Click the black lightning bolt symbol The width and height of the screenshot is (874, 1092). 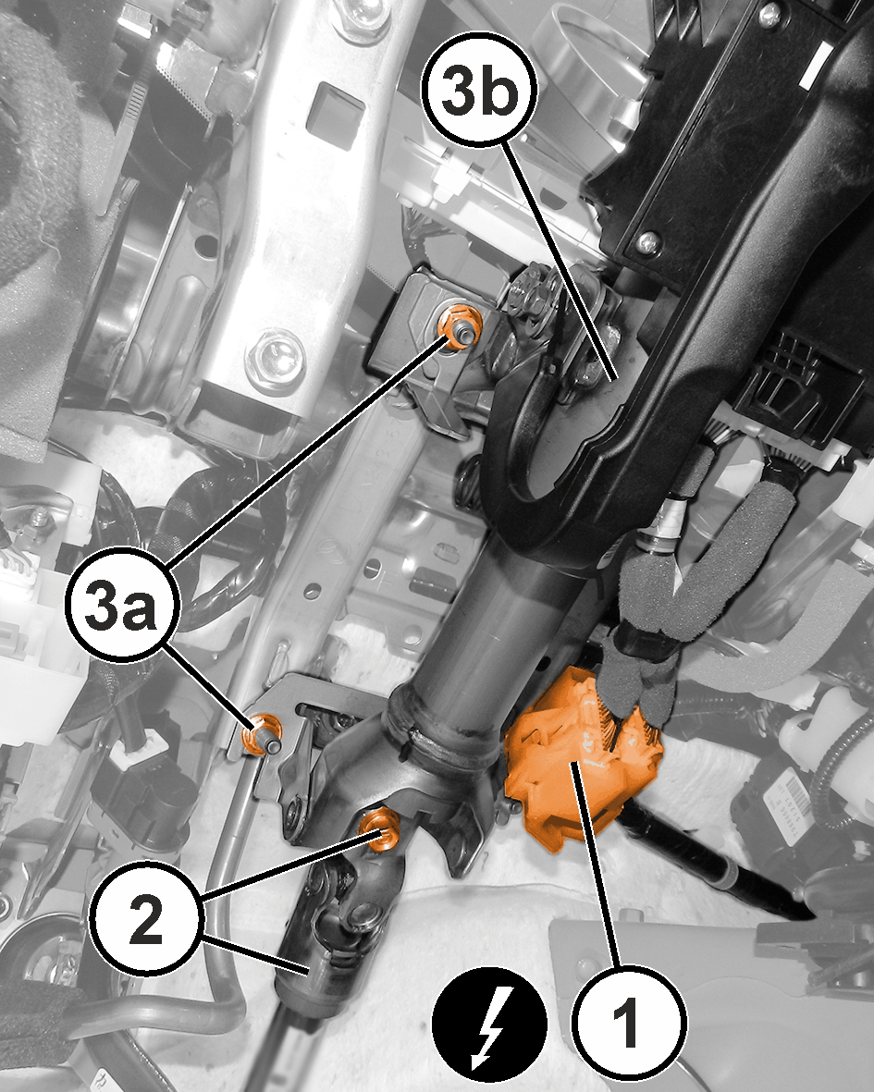click(x=489, y=1025)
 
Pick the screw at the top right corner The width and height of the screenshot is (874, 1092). click(x=769, y=13)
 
